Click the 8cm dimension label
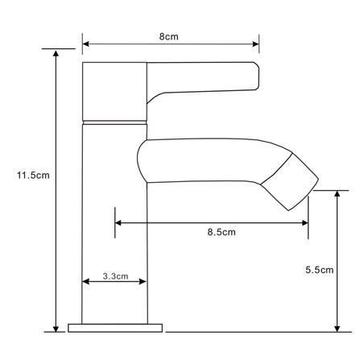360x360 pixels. click(x=168, y=36)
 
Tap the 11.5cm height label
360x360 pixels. click(x=33, y=176)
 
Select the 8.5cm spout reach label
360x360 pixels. click(x=221, y=232)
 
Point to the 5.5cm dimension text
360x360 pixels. click(x=320, y=270)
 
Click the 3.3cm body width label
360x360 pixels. click(x=115, y=276)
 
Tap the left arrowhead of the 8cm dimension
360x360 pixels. click(x=85, y=43)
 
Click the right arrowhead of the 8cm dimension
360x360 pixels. click(x=256, y=43)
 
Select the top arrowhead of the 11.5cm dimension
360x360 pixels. click(x=56, y=52)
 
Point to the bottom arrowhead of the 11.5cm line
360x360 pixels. click(x=56, y=329)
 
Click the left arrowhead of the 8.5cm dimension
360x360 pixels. click(x=118, y=223)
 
